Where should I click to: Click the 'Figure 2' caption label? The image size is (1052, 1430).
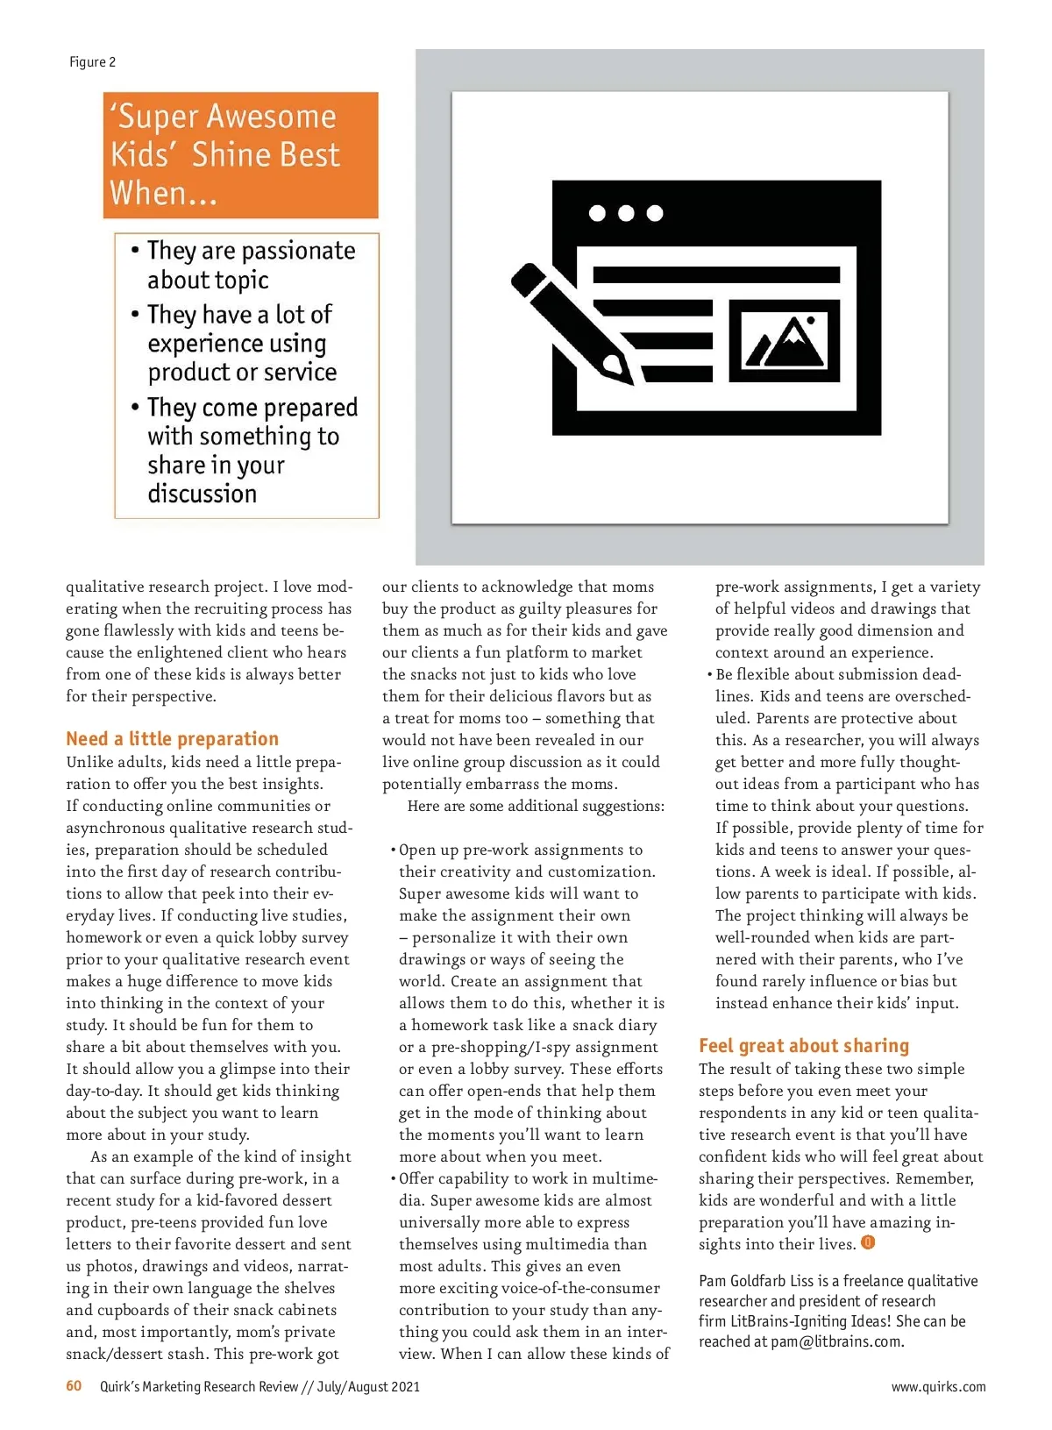[x=92, y=62]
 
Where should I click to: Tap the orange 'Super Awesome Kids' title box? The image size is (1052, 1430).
[x=240, y=155]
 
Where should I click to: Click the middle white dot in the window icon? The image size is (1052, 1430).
[x=626, y=213]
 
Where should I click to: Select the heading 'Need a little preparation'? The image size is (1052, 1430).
[x=173, y=739]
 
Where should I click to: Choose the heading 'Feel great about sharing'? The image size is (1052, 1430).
[x=804, y=1046]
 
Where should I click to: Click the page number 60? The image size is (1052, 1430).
[x=74, y=1386]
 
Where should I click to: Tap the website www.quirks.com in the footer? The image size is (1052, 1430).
[x=938, y=1387]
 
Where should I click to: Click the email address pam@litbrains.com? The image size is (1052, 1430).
[x=836, y=1341]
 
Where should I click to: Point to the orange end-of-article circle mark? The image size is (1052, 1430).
[x=868, y=1242]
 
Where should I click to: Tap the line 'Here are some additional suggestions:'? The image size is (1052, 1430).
[x=536, y=806]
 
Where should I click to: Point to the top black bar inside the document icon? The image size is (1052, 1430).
[x=716, y=274]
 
